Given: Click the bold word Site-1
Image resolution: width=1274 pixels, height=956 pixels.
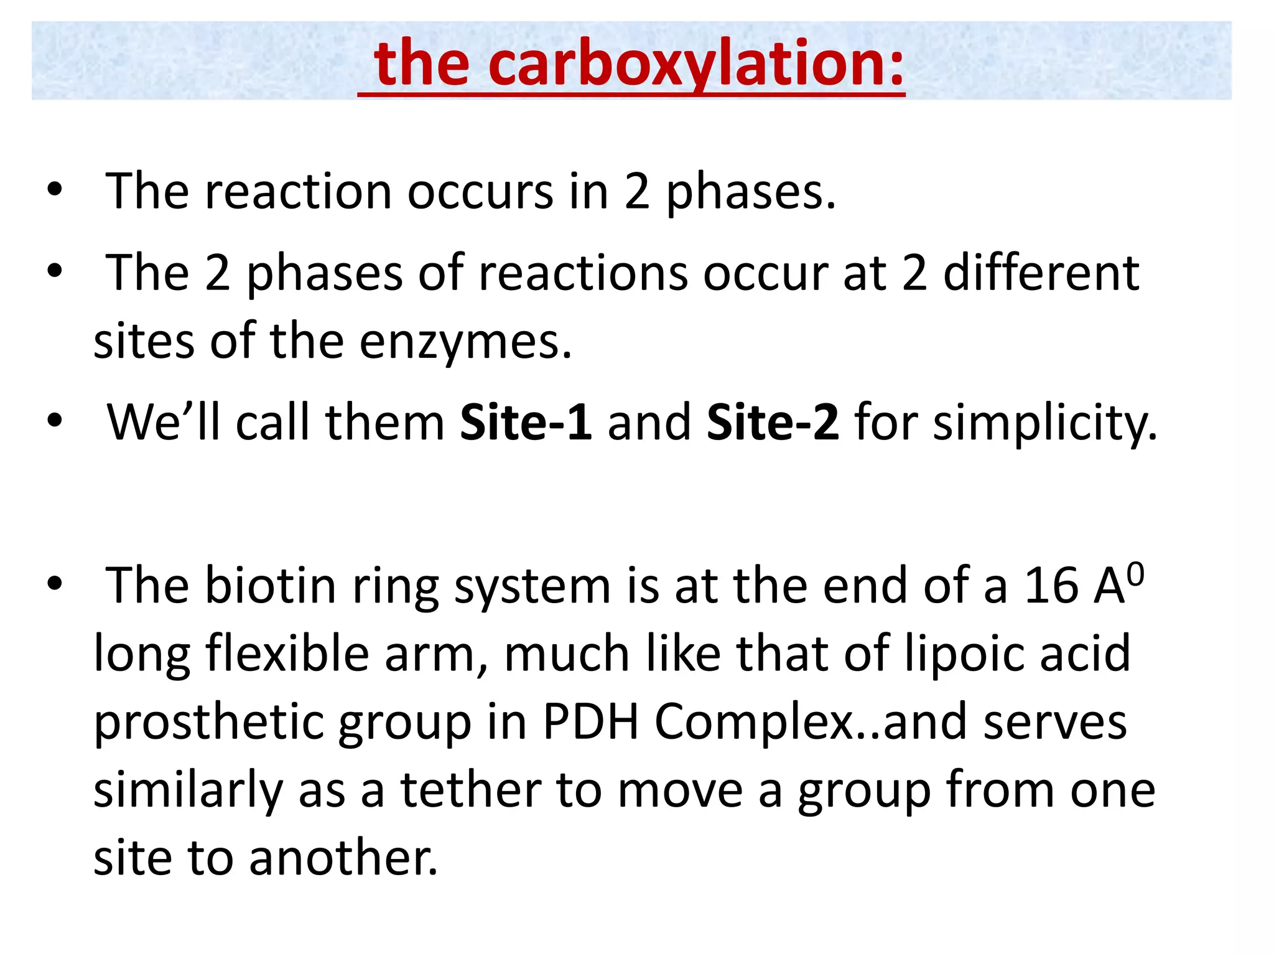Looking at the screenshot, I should point(526,423).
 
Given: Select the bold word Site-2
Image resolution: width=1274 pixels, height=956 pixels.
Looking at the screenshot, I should point(773,423).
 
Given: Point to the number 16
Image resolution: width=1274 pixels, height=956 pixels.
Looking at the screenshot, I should point(1051,586).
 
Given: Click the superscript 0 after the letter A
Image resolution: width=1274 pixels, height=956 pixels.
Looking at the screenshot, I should point(1135,574).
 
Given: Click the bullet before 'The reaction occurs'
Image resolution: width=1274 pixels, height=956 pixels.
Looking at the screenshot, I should point(55,190).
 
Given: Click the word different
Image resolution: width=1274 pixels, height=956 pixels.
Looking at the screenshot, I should point(1041,273).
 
